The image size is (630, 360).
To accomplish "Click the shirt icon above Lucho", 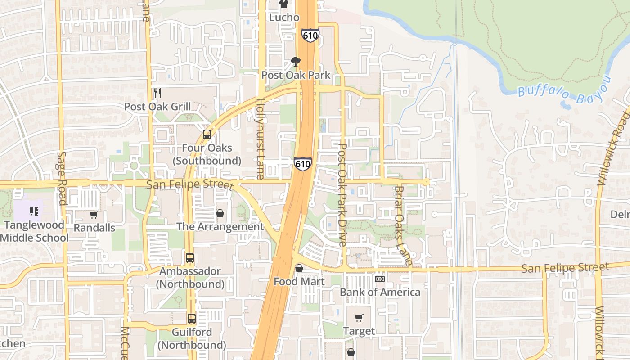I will tap(283, 4).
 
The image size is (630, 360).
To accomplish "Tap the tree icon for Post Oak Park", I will tap(296, 61).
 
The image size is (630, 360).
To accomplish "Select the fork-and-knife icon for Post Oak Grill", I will tap(157, 93).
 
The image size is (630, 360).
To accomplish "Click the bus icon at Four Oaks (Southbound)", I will tap(207, 134).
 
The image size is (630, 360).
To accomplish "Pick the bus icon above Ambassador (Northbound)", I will tap(190, 258).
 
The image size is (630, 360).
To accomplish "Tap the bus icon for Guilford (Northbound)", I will tap(192, 318).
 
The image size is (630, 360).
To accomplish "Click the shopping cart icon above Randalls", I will tap(94, 215).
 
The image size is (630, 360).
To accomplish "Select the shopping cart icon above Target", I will tap(359, 318).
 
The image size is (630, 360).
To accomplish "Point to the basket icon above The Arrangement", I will tap(220, 213).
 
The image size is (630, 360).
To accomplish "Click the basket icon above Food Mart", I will tap(299, 269).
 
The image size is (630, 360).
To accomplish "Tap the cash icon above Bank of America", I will tap(379, 279).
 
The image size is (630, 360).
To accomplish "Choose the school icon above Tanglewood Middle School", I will tap(34, 211).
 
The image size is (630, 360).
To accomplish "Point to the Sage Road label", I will tap(62, 178).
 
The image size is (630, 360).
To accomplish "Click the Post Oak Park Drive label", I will tap(342, 195).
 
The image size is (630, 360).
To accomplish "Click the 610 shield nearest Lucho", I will tap(310, 35).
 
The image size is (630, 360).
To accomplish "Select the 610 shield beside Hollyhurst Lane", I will tap(302, 164).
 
